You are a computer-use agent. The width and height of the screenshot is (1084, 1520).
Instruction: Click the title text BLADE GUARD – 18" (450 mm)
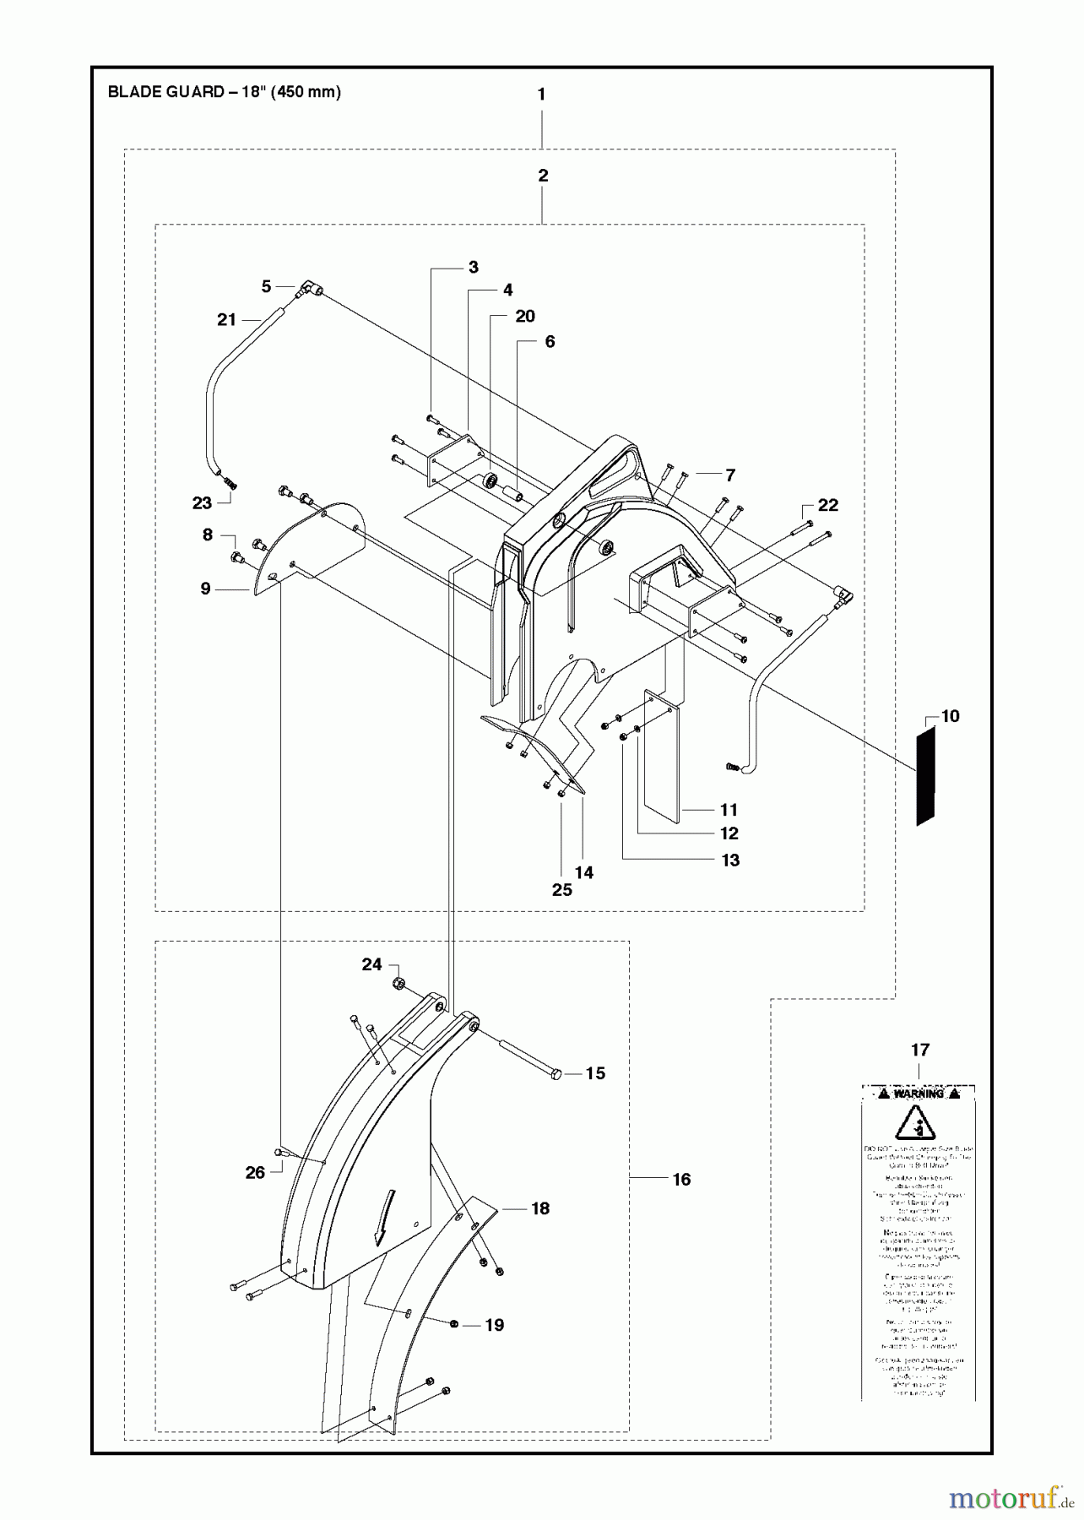(225, 92)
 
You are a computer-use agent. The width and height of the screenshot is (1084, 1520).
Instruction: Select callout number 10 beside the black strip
(950, 716)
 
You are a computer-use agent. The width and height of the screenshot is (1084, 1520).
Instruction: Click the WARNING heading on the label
(919, 1094)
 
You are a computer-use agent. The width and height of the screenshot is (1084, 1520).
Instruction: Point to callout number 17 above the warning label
(920, 1050)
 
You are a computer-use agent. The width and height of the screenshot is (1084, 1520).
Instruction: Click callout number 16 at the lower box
(681, 1179)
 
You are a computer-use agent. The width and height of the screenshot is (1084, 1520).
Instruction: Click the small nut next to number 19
(455, 1324)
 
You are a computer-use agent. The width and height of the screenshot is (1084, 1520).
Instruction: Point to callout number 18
(540, 1208)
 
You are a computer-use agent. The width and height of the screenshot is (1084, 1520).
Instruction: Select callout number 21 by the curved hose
(226, 319)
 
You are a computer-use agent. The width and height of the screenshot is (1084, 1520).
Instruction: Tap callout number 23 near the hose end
(202, 502)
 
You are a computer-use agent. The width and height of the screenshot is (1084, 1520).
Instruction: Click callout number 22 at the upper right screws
(828, 505)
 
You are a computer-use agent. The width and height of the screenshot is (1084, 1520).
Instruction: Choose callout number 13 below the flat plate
(730, 860)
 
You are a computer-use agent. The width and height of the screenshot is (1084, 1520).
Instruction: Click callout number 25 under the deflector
(561, 889)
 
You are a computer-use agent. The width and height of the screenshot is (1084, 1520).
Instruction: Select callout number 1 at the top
(541, 95)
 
